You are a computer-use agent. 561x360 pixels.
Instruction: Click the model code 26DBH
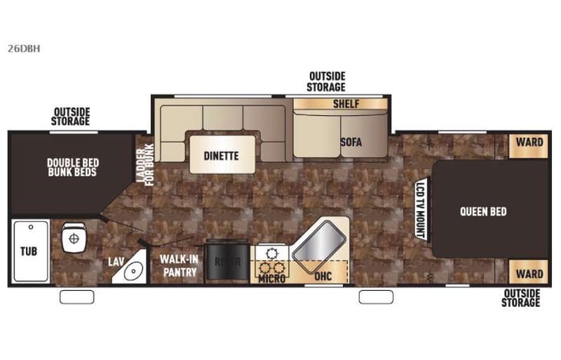[25, 48]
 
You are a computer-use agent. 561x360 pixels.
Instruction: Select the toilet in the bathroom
[74, 236]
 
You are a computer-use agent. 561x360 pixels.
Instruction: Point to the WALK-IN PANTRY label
[178, 266]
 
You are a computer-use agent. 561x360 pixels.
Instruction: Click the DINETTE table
[221, 155]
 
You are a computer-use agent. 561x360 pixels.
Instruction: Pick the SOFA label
[351, 142]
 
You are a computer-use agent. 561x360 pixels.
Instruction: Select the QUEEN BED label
[483, 212]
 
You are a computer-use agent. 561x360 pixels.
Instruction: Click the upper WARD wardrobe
[529, 142]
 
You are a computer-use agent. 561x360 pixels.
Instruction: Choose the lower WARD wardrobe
[529, 273]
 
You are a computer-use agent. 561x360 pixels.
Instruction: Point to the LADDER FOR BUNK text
[146, 163]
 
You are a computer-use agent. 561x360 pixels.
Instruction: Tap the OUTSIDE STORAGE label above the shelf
[327, 81]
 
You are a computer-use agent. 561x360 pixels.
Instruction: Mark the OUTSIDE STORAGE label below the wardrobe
[522, 298]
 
